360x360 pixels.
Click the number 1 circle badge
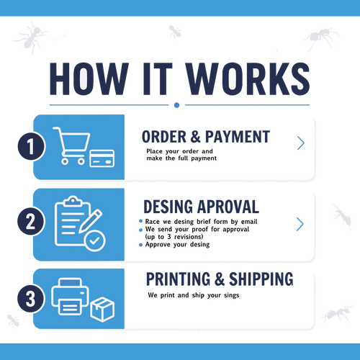tap(31, 146)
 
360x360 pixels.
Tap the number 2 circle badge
tap(31, 221)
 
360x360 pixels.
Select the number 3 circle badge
tap(31, 298)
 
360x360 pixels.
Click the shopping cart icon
tap(71, 145)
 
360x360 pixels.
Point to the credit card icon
tap(102, 158)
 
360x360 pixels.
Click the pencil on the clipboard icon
tap(90, 221)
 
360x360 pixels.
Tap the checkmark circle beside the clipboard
tap(95, 240)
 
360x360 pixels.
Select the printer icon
tap(70, 297)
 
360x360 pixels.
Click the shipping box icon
tap(102, 310)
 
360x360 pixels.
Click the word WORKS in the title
tap(248, 79)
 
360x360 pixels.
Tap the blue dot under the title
tap(176, 105)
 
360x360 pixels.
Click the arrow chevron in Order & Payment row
tap(301, 143)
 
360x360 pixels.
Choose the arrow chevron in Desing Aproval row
tap(300, 224)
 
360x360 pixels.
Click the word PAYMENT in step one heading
tap(238, 137)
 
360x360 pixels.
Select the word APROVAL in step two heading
tap(228, 207)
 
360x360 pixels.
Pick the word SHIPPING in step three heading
tap(261, 279)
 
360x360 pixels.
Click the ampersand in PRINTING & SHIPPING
tap(220, 279)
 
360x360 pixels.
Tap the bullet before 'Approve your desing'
tap(140, 245)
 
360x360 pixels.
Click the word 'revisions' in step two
tap(189, 237)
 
